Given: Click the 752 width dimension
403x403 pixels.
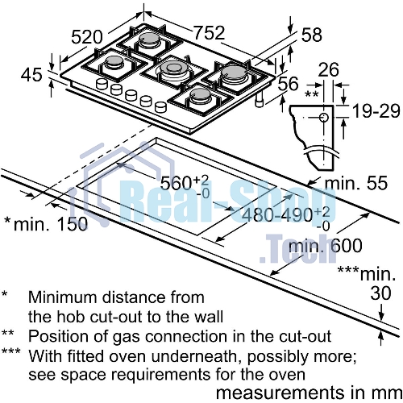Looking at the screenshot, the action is tap(209, 33).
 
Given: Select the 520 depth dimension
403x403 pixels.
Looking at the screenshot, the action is tap(87, 37).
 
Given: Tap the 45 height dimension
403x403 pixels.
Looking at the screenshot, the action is tap(31, 74).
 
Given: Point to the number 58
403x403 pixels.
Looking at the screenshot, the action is tap(312, 35).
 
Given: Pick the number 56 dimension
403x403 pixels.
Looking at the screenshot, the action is tap(288, 83).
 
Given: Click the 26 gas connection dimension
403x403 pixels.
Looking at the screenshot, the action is tap(328, 69).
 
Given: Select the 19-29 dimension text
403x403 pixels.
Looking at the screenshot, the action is tap(376, 110).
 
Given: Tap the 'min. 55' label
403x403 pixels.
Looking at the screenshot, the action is tap(356, 183).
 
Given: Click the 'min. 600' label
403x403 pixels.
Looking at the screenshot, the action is tap(326, 245).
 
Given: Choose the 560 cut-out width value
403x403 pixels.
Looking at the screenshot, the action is tap(176, 183).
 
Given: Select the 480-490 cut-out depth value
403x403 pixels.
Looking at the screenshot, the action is tap(277, 214).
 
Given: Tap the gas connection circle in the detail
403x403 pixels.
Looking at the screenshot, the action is tap(324, 118).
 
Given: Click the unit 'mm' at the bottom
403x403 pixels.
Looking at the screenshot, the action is tap(390, 393).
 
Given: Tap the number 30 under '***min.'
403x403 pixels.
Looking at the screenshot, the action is tap(380, 293).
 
